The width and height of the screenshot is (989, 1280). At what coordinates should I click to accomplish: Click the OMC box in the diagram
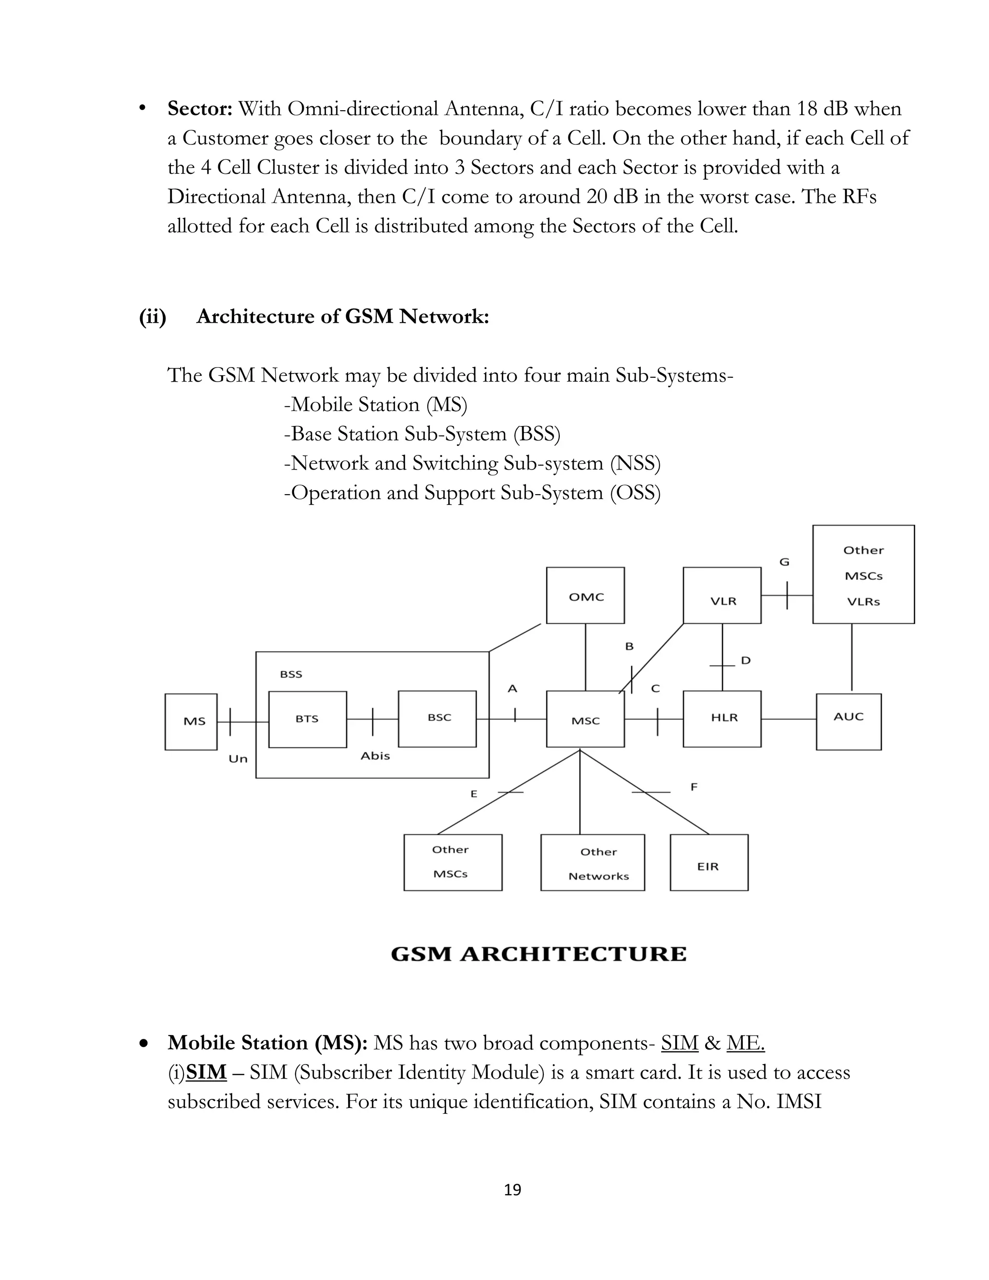click(x=585, y=595)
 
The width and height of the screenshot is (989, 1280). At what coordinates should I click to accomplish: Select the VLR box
click(x=722, y=595)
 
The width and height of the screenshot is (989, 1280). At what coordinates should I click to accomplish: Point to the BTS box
click(x=308, y=719)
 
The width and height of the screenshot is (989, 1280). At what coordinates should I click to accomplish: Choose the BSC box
click(x=437, y=719)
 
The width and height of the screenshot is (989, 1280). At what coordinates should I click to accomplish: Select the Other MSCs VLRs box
click(x=863, y=574)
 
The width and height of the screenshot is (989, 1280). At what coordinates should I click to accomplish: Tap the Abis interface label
click(x=375, y=756)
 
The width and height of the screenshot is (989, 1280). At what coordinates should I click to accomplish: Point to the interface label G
click(x=784, y=562)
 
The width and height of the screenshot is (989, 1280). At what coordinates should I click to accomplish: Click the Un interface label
click(x=238, y=759)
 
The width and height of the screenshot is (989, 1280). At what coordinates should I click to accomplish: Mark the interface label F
click(x=694, y=786)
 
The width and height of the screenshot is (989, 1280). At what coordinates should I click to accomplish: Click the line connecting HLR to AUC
click(x=789, y=719)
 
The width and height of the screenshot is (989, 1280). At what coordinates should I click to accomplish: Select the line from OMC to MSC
click(x=585, y=656)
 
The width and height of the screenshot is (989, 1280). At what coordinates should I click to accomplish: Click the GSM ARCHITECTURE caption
click(x=538, y=954)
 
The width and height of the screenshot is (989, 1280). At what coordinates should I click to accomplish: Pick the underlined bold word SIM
click(x=206, y=1072)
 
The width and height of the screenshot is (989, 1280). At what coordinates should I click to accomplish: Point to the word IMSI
click(x=799, y=1101)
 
